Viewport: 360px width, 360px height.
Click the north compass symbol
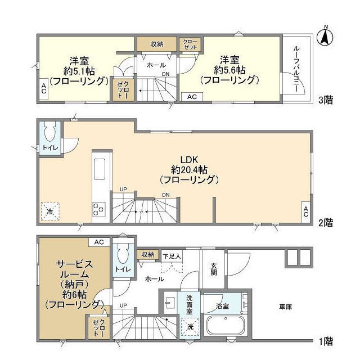[x=325, y=36]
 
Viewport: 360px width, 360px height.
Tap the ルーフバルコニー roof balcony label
[x=296, y=69]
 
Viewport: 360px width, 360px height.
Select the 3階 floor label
[x=326, y=100]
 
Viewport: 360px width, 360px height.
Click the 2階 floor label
[x=326, y=223]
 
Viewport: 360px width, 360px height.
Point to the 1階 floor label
[x=326, y=341]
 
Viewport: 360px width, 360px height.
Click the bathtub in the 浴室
[x=226, y=326]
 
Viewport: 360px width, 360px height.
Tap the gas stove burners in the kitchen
[x=99, y=209]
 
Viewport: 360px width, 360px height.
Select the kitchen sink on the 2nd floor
[x=100, y=169]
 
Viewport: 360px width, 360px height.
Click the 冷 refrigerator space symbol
[x=50, y=211]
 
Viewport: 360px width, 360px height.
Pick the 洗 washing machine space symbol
[x=190, y=326]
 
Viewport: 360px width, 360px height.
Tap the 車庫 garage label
[x=285, y=307]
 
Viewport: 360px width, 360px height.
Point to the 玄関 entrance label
[x=214, y=269]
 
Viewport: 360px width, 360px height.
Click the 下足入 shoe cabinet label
[x=172, y=256]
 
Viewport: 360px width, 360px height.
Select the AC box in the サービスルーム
[x=99, y=242]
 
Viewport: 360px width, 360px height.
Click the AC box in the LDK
[x=306, y=211]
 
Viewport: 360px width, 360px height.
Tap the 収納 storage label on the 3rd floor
[x=157, y=44]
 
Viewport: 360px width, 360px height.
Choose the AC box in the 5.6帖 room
[x=192, y=97]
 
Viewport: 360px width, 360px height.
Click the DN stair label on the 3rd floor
[x=166, y=74]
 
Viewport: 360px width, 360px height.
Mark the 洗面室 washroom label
[x=190, y=305]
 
